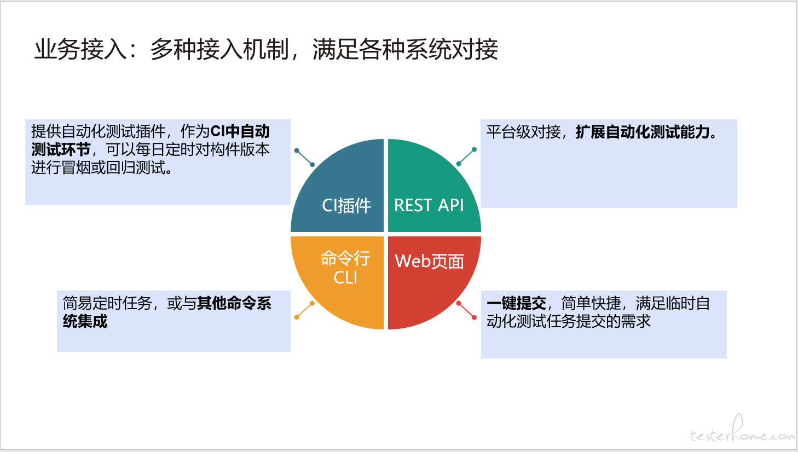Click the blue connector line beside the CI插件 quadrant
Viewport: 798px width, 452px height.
[x=304, y=158]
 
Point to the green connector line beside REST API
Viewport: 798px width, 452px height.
[x=466, y=157]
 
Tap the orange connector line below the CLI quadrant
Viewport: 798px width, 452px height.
[x=304, y=310]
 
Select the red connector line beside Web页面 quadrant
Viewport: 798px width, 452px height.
[x=466, y=310]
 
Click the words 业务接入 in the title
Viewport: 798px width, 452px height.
[x=80, y=49]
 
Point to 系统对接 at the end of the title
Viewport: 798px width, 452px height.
[x=452, y=49]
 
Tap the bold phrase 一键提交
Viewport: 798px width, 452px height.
[x=517, y=304]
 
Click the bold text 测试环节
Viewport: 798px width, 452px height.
[x=61, y=149]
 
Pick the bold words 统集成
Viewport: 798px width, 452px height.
[x=85, y=321]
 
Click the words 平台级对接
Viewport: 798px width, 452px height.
[x=524, y=132]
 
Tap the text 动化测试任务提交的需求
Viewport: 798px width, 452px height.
[x=569, y=321]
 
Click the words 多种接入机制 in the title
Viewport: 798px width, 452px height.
[x=219, y=49]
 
